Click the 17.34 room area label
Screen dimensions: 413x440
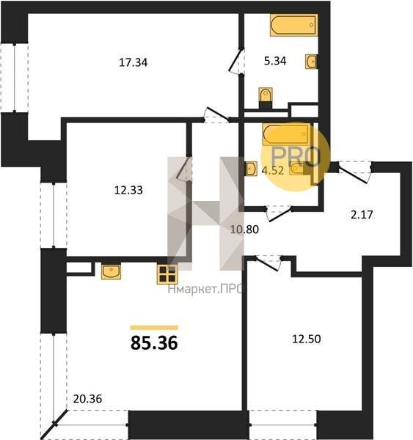click(x=133, y=62)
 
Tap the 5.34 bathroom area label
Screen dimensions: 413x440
click(x=275, y=61)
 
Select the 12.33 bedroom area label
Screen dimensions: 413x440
click(x=128, y=190)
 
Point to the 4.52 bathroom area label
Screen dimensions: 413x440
click(x=273, y=170)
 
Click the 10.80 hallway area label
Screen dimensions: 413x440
click(x=244, y=230)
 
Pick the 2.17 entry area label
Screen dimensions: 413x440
click(x=362, y=214)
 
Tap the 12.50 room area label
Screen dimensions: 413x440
click(x=307, y=339)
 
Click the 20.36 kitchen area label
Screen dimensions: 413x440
click(x=87, y=398)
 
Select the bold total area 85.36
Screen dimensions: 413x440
click(x=154, y=343)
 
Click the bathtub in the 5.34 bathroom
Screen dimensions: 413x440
click(x=294, y=25)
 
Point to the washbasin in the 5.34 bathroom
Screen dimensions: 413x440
click(x=311, y=62)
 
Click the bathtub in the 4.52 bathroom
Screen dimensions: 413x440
click(x=287, y=134)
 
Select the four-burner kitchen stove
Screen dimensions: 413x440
click(x=167, y=274)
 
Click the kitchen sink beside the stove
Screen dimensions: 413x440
click(x=112, y=271)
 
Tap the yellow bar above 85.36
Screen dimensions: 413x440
click(x=154, y=328)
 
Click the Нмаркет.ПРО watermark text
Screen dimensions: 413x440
click(x=205, y=289)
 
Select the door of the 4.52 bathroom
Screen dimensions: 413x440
click(x=279, y=214)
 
